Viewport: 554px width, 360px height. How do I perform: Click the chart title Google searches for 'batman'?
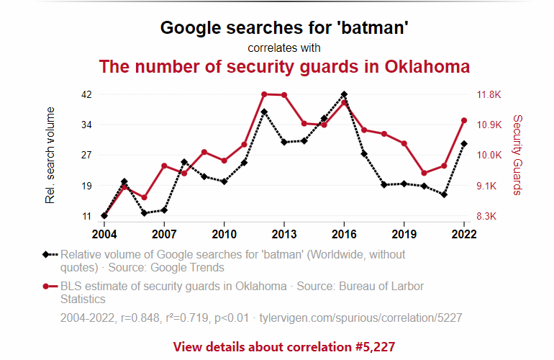(x=284, y=28)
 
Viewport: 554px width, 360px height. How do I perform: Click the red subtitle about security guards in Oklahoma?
(x=284, y=67)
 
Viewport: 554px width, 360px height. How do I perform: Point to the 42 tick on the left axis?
(x=86, y=94)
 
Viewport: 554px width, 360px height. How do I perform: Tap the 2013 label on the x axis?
(x=284, y=234)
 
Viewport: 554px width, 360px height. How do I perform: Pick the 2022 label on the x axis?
(x=464, y=234)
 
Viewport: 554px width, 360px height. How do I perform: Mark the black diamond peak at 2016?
(x=344, y=94)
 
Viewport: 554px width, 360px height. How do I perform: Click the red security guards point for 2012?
(x=264, y=94)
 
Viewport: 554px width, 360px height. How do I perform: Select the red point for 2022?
(x=464, y=120)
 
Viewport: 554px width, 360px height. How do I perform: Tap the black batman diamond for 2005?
(x=124, y=182)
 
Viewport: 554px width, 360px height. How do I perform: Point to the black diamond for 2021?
(x=444, y=194)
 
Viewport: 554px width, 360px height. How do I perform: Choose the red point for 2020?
(x=424, y=173)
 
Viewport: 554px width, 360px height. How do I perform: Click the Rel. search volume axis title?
(x=50, y=155)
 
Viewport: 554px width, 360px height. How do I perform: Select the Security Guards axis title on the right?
(x=517, y=155)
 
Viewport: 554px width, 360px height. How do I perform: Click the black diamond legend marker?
(x=45, y=254)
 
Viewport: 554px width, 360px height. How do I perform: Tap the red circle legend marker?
(x=45, y=286)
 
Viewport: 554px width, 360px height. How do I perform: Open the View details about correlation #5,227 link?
(x=284, y=346)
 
